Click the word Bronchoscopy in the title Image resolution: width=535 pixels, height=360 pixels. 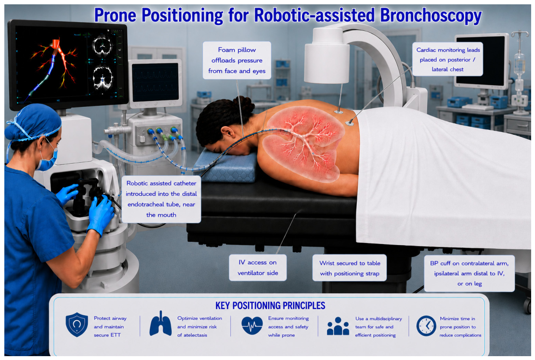[431, 16]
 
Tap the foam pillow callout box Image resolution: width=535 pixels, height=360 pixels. [237, 60]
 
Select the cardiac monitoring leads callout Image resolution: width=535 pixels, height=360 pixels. [448, 59]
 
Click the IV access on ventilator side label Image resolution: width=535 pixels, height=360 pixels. [258, 268]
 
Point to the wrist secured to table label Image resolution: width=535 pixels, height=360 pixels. [350, 268]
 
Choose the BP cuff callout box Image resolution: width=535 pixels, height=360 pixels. [469, 273]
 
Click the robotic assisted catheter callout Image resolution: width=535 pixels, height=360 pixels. [161, 199]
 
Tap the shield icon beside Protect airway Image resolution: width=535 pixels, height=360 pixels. [77, 324]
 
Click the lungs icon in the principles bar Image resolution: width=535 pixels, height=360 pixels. [160, 323]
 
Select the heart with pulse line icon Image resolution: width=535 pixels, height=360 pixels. [252, 325]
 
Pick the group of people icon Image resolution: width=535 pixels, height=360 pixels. [338, 326]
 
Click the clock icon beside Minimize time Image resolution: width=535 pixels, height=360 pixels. [426, 325]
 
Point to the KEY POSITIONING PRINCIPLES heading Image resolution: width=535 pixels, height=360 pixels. [270, 306]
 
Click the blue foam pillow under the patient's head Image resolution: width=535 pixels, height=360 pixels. [226, 166]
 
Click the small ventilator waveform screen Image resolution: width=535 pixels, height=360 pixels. [155, 83]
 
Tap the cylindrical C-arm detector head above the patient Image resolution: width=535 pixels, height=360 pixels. [326, 55]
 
